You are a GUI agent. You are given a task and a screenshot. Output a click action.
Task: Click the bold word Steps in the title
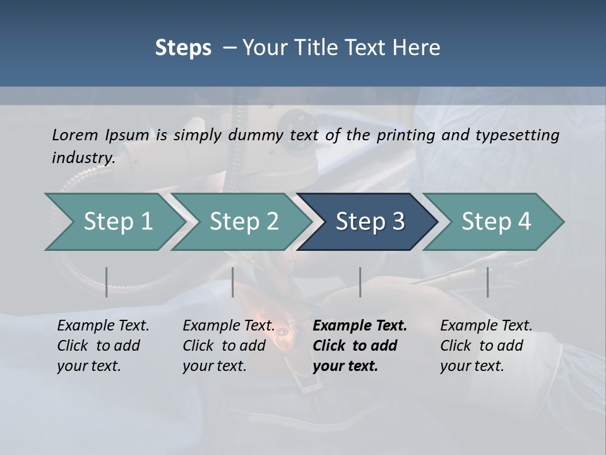[x=183, y=48]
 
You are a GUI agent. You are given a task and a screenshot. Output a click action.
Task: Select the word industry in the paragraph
[x=83, y=158]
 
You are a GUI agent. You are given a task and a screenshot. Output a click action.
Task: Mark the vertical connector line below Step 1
[x=107, y=282]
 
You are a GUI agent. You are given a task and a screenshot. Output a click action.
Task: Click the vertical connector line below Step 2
[x=233, y=282]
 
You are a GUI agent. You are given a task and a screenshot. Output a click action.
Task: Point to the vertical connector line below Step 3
[x=360, y=282]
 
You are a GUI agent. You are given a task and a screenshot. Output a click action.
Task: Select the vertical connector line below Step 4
[x=487, y=282]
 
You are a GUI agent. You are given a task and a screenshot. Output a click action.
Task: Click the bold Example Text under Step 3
[x=360, y=326]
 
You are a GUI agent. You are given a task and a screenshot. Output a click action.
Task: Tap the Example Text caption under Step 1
[x=103, y=326]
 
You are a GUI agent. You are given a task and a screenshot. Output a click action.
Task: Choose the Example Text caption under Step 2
[x=229, y=326]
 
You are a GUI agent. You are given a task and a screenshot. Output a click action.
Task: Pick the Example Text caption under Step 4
[x=486, y=326]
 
